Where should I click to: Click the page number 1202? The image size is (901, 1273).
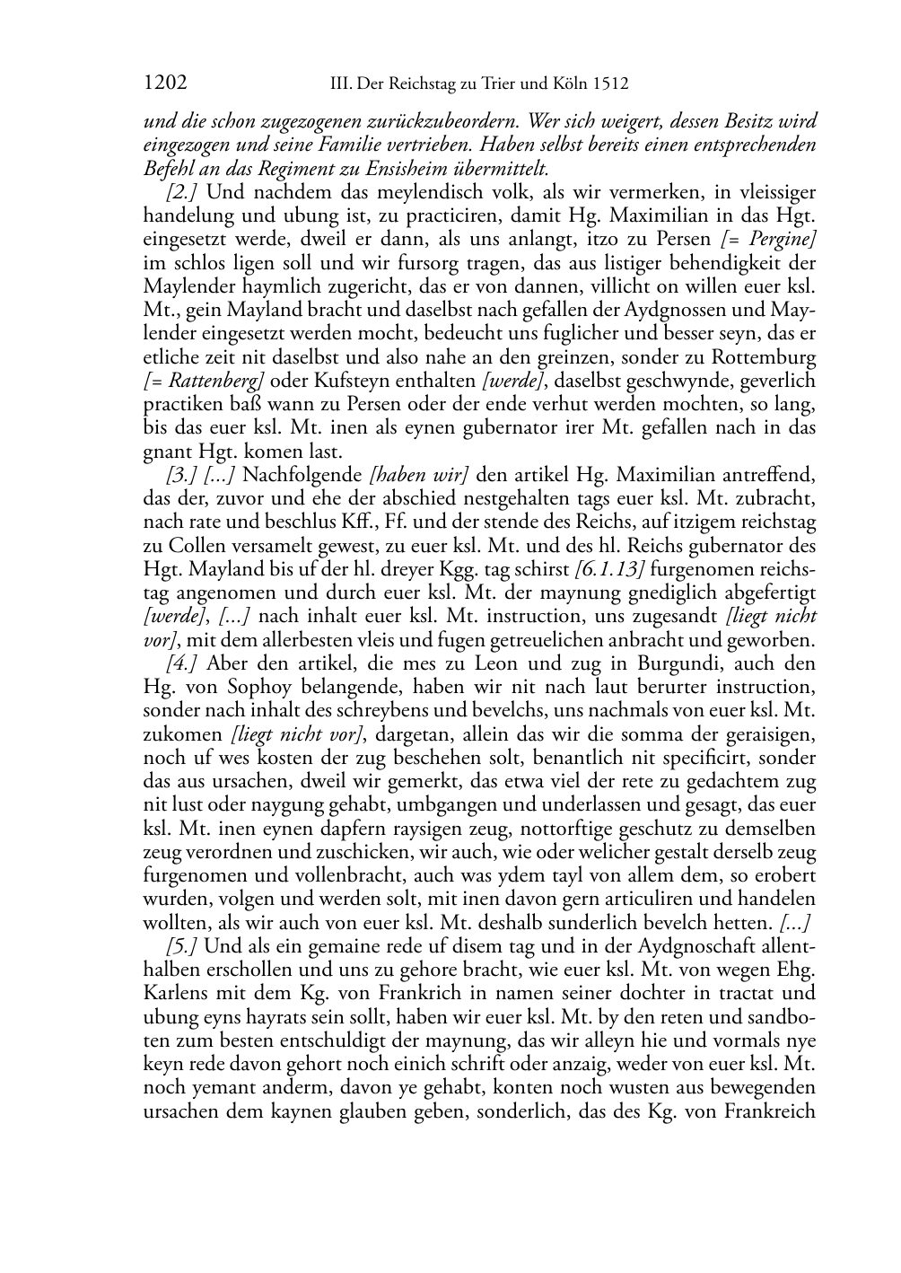pos(164,83)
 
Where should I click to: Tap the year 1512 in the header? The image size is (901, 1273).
pos(610,84)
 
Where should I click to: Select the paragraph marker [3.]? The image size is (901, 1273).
pos(182,473)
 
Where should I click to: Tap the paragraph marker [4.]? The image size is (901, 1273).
pos(182,663)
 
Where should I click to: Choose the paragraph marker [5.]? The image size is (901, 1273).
pos(182,946)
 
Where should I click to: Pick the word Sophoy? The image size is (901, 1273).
pos(240,687)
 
